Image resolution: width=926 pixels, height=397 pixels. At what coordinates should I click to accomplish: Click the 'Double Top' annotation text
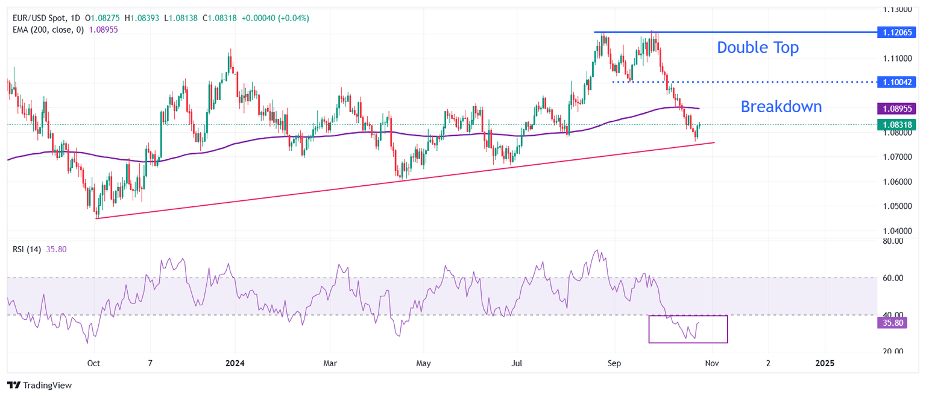click(757, 48)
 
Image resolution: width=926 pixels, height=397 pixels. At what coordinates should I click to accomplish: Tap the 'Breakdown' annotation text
click(781, 107)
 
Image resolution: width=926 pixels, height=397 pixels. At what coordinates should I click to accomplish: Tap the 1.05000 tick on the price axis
click(898, 206)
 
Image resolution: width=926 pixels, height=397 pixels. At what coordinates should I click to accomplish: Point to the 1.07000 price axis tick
click(898, 157)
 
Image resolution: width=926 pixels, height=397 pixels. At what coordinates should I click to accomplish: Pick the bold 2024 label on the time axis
click(235, 363)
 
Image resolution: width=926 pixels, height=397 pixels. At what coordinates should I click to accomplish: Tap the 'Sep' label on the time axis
click(614, 363)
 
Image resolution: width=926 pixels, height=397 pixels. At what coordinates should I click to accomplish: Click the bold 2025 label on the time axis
click(825, 363)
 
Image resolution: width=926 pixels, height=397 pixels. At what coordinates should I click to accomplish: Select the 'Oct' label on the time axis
click(93, 363)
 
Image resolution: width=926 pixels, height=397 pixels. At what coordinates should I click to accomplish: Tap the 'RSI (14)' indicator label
click(27, 249)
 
